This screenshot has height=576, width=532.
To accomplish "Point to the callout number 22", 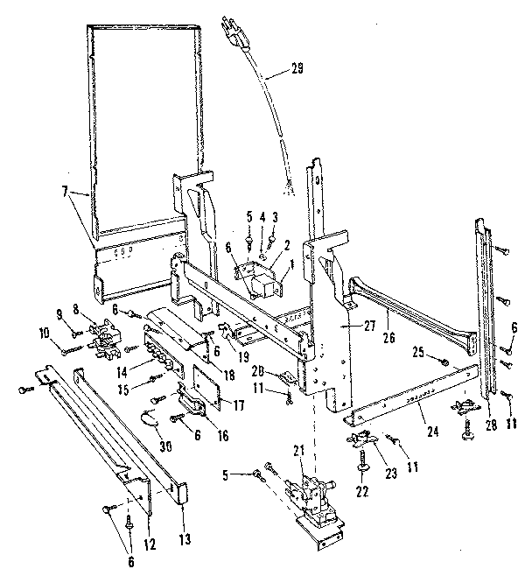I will click(x=360, y=491).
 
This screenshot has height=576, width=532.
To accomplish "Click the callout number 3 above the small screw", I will click(x=276, y=216).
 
